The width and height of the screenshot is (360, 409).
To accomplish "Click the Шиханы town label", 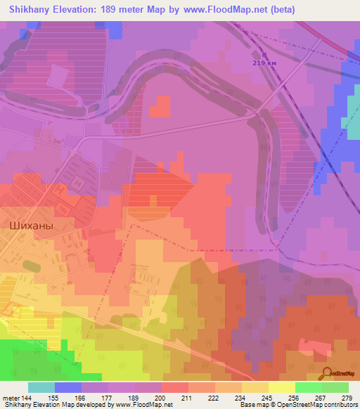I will pyautogui.click(x=33, y=226).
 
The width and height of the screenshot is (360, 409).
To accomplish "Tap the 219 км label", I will pyautogui.click(x=264, y=63).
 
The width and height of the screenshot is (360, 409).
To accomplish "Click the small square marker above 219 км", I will pyautogui.click(x=264, y=54).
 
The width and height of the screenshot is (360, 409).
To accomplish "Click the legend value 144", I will pyautogui.click(x=25, y=397).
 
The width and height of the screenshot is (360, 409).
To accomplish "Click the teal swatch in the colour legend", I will pyautogui.click(x=41, y=387).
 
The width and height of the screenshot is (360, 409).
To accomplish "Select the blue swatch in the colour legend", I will pyautogui.click(x=68, y=387).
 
